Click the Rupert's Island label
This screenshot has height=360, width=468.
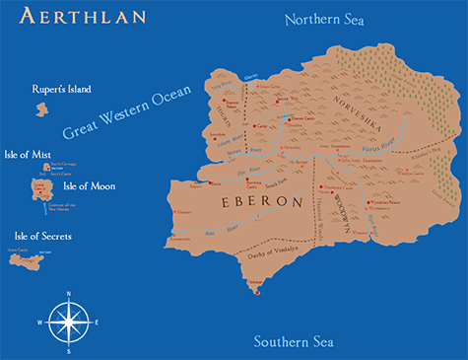[x=61, y=90]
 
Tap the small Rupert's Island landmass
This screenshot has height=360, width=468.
[x=42, y=109]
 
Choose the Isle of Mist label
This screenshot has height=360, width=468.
[x=29, y=154]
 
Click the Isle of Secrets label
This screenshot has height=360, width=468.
[x=43, y=237]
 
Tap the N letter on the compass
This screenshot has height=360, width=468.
[x=68, y=294]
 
